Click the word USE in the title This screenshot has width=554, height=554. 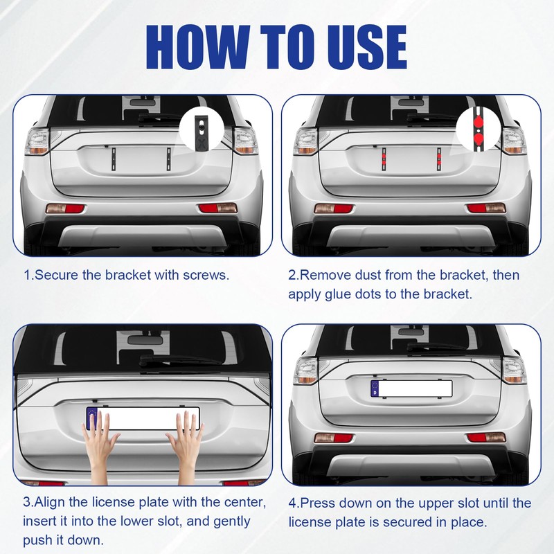tap(367, 47)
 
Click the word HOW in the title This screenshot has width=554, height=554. tap(198, 47)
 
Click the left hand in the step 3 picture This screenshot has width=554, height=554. tap(100, 447)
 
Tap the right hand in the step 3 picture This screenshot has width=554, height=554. tap(185, 447)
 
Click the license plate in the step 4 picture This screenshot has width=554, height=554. tap(411, 388)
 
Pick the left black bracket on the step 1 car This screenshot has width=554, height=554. tap(114, 159)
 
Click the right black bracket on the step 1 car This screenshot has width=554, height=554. tap(168, 159)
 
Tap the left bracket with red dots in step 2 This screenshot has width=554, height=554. tap(384, 159)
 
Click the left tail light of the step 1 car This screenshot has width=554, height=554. tap(37, 142)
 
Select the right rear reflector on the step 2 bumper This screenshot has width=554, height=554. tap(486, 208)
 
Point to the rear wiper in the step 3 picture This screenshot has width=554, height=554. tap(180, 360)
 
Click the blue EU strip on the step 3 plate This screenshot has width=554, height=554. tap(92, 419)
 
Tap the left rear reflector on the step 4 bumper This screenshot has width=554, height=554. tap(333, 438)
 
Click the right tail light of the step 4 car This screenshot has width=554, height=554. tap(515, 370)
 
